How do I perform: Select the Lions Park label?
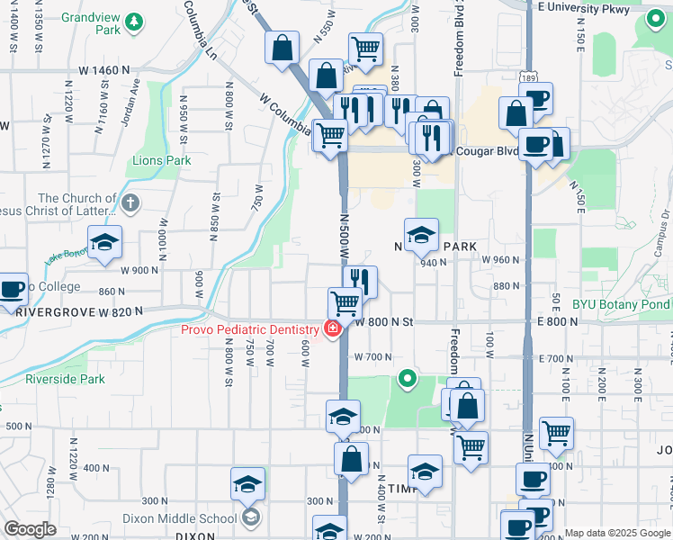(162, 161)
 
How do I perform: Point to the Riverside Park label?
(65, 379)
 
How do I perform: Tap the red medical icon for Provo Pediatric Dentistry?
(333, 329)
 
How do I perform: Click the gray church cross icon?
(131, 203)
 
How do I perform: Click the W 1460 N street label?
(104, 69)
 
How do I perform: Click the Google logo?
(30, 529)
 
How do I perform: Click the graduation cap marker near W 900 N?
(105, 244)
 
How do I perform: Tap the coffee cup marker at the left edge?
(11, 289)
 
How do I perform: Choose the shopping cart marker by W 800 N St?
(345, 302)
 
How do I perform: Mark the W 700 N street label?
(372, 356)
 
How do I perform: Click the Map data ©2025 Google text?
(617, 533)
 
